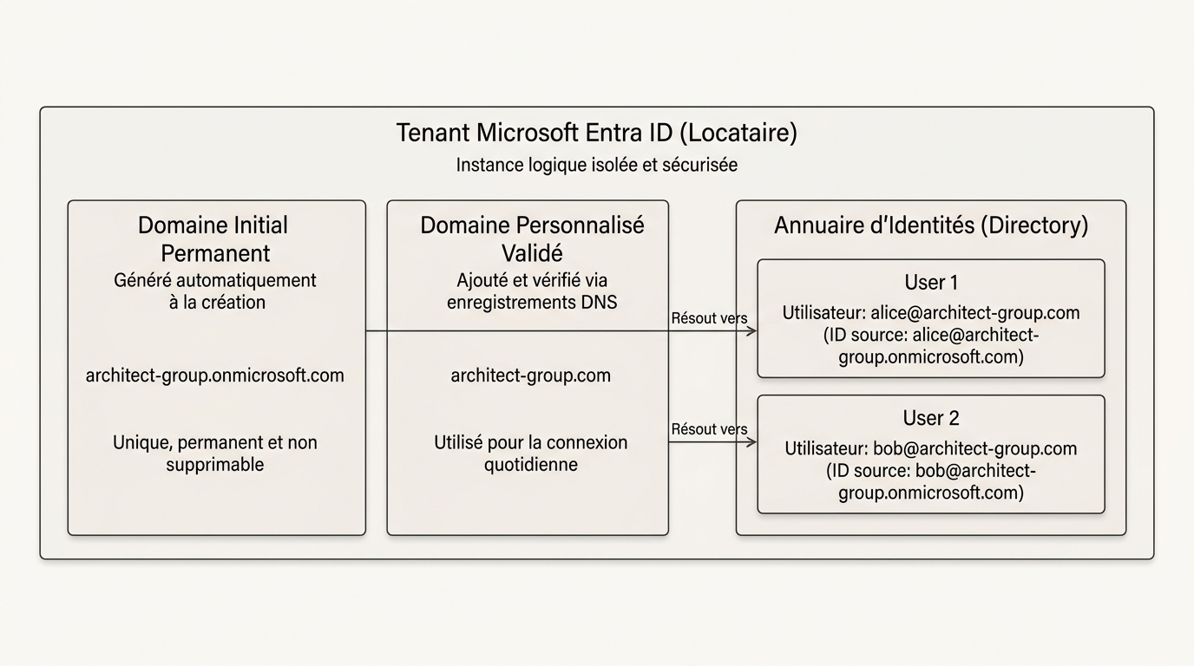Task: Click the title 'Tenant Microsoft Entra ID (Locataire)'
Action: click(596, 133)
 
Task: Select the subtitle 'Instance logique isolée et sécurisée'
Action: click(596, 165)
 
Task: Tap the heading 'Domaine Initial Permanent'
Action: click(213, 239)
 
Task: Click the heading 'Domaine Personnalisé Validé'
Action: click(532, 239)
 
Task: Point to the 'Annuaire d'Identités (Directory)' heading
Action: click(931, 225)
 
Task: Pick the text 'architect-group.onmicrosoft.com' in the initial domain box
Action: click(215, 375)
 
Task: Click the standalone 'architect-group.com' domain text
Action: click(531, 375)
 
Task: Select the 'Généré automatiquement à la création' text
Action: click(215, 291)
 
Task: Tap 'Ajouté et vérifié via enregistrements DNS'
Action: click(532, 291)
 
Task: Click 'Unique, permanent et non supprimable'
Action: click(215, 454)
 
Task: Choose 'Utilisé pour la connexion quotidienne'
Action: click(531, 454)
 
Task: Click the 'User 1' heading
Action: click(931, 283)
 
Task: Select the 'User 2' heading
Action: click(931, 418)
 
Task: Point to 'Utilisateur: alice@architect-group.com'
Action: click(931, 313)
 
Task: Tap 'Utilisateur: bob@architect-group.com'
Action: click(931, 449)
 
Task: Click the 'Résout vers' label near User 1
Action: click(709, 318)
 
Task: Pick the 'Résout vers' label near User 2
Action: click(709, 429)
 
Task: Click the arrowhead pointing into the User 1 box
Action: click(752, 331)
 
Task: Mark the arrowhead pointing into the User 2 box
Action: click(752, 442)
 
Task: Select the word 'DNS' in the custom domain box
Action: click(599, 303)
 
